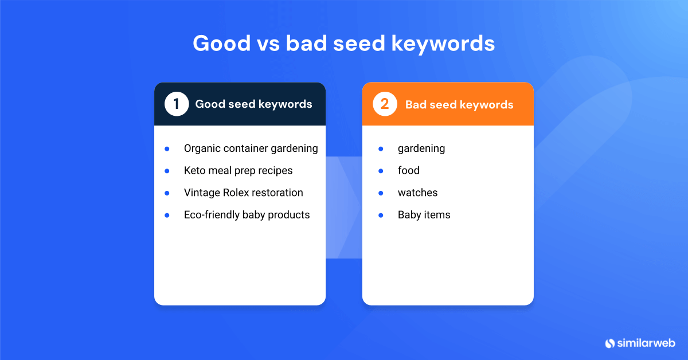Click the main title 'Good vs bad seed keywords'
point(343,44)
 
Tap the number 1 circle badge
point(177,104)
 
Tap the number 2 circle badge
point(385,104)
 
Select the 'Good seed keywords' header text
point(253,104)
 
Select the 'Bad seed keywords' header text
point(459,104)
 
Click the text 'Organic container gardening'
point(251,148)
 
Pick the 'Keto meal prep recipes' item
point(238,170)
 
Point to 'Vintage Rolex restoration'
point(243,193)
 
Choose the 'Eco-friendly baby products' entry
point(247,215)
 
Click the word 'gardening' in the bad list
point(421,148)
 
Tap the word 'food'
point(408,170)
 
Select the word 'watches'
point(417,193)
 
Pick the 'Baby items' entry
point(424,215)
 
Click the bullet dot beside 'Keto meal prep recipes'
point(167,171)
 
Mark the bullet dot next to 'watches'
point(381,193)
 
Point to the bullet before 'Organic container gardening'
point(167,148)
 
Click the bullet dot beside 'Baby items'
point(381,215)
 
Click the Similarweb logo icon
point(610,343)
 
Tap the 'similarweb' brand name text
point(646,343)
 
